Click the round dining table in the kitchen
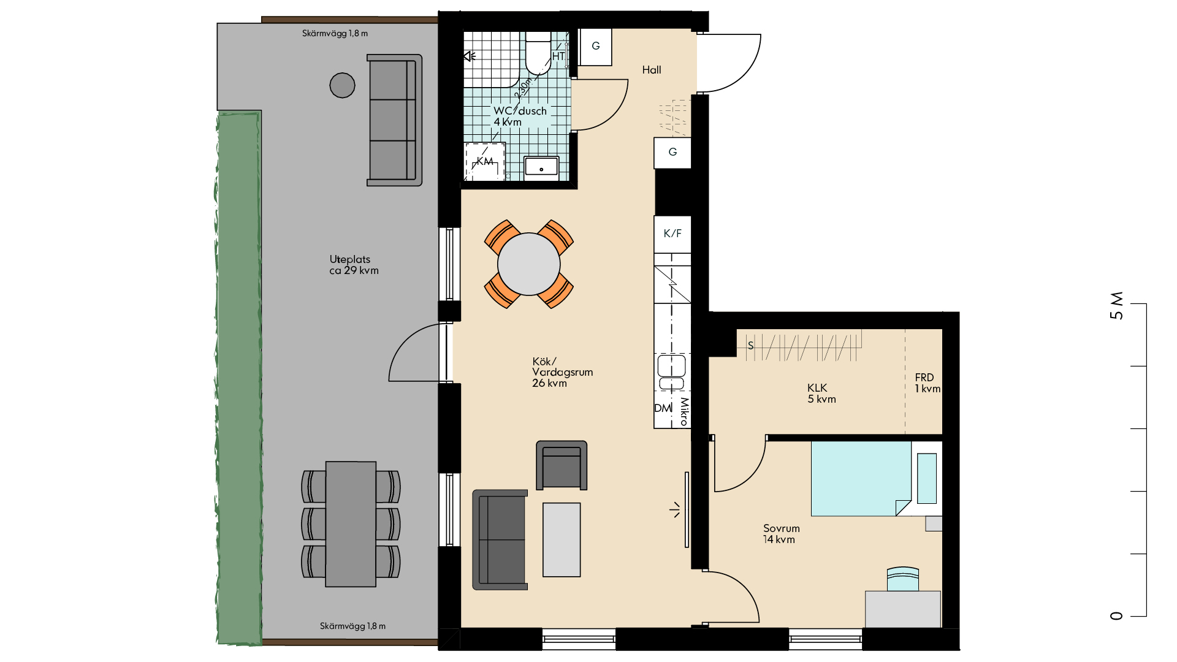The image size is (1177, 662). pyautogui.click(x=528, y=264)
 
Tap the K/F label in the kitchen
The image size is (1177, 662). pyautogui.click(x=672, y=234)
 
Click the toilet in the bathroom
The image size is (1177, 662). pyautogui.click(x=538, y=53)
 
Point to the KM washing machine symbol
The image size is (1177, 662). pyautogui.click(x=485, y=161)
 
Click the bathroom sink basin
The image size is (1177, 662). pyautogui.click(x=541, y=167)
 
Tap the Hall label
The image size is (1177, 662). pyautogui.click(x=652, y=70)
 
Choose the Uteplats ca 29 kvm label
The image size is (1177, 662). pyautogui.click(x=354, y=265)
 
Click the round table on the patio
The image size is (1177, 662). pyautogui.click(x=342, y=85)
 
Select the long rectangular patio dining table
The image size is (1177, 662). pyautogui.click(x=351, y=524)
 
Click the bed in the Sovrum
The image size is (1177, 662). pyautogui.click(x=861, y=479)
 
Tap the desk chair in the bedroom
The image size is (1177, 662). pyautogui.click(x=903, y=579)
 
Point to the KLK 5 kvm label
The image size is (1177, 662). pyautogui.click(x=821, y=394)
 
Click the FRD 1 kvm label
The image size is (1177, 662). pyautogui.click(x=928, y=383)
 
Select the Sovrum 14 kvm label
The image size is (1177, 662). pyautogui.click(x=781, y=534)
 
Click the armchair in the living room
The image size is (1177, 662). pyautogui.click(x=562, y=465)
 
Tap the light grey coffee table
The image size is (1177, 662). pyautogui.click(x=562, y=540)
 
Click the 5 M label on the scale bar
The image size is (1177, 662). pyautogui.click(x=1116, y=305)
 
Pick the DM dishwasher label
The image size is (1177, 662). pyautogui.click(x=663, y=408)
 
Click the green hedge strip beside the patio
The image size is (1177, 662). pyautogui.click(x=239, y=378)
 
